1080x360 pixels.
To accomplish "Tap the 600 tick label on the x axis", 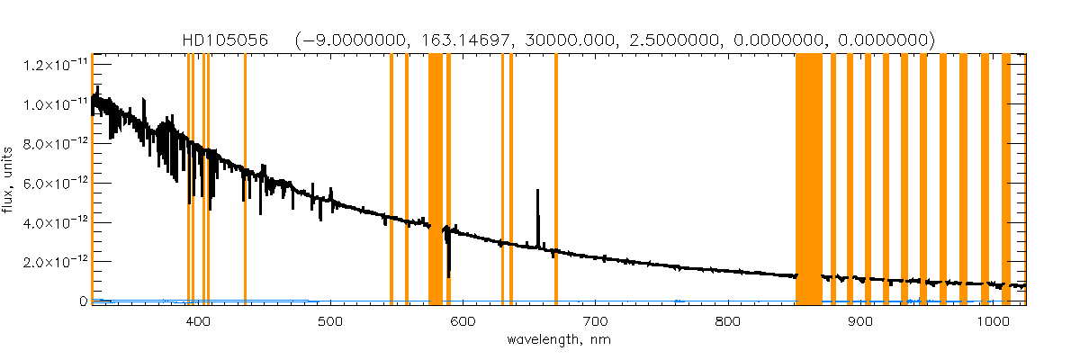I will pyautogui.click(x=463, y=321).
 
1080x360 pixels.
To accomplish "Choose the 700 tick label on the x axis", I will pyautogui.click(x=595, y=321).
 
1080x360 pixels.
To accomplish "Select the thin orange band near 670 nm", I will pyautogui.click(x=555, y=180).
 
